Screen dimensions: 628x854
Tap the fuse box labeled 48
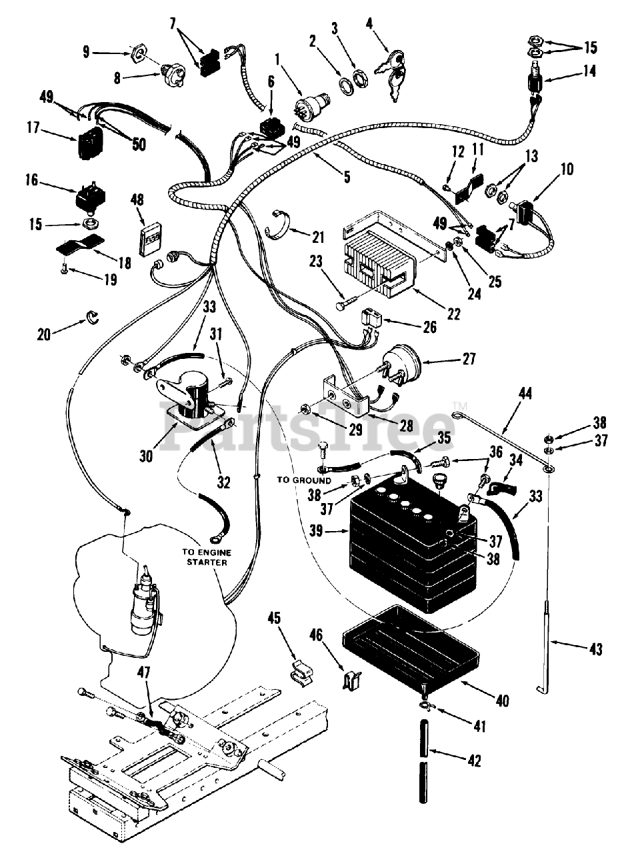point(149,238)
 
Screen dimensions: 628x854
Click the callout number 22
point(454,314)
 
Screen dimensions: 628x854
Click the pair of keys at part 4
point(391,76)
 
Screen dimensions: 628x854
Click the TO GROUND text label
point(304,480)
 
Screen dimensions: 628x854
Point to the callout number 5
point(347,177)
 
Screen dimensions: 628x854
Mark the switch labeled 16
point(91,201)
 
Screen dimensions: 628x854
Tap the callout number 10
point(567,169)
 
